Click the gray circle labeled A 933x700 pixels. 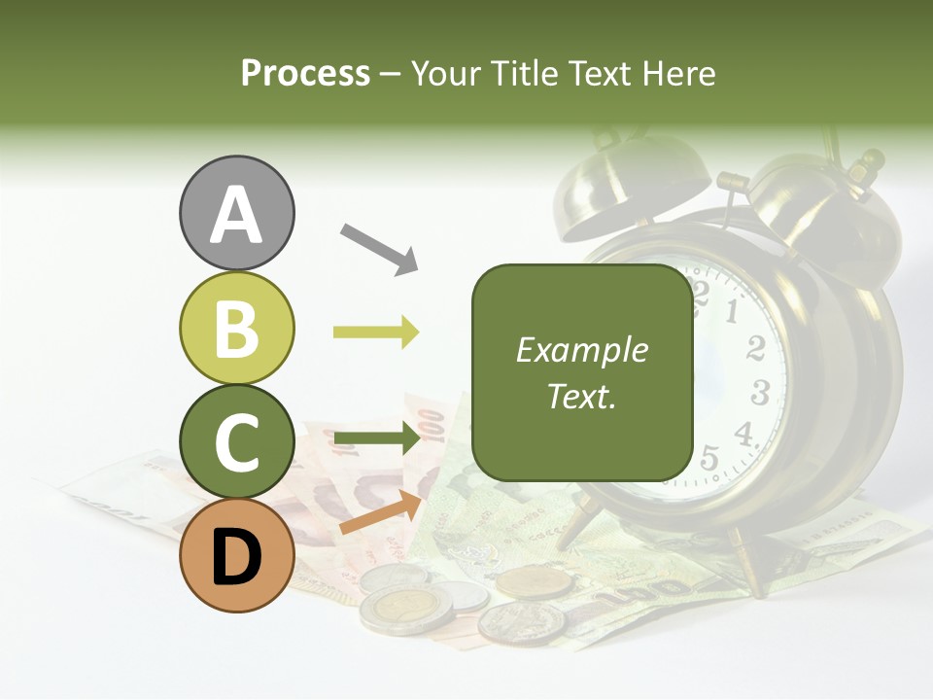pyautogui.click(x=237, y=213)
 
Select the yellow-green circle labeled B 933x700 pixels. pyautogui.click(x=237, y=328)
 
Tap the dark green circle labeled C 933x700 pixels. pyautogui.click(x=237, y=442)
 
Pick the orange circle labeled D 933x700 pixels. pyautogui.click(x=237, y=555)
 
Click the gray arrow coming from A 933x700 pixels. pyautogui.click(x=379, y=248)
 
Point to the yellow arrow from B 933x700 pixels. pyautogui.click(x=376, y=332)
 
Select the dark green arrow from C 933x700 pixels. pyautogui.click(x=376, y=439)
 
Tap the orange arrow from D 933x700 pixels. pyautogui.click(x=380, y=512)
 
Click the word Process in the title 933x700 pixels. pyautogui.click(x=305, y=73)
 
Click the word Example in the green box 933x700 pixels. pyautogui.click(x=581, y=350)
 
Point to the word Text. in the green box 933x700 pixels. pyautogui.click(x=581, y=396)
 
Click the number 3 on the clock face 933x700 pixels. pyautogui.click(x=760, y=393)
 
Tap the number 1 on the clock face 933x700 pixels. pyautogui.click(x=734, y=311)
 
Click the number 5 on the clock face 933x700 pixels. pyautogui.click(x=709, y=456)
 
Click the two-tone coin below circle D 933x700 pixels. pyautogui.click(x=398, y=610)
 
